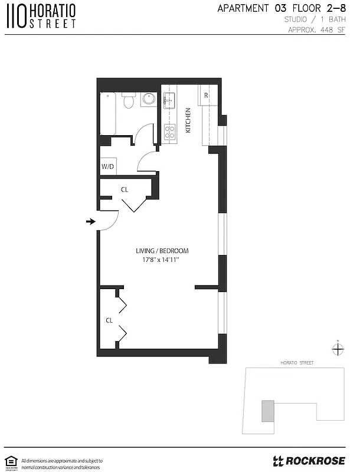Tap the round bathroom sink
tap(148, 99)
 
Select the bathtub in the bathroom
tap(109, 113)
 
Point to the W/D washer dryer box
tap(108, 167)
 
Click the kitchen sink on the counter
tap(169, 100)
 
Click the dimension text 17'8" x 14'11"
tap(161, 260)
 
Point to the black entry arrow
tap(90, 221)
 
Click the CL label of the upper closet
tap(125, 190)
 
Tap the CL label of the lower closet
tap(109, 320)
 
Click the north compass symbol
tap(337, 349)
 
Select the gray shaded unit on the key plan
tap(268, 411)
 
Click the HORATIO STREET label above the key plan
tap(297, 363)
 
